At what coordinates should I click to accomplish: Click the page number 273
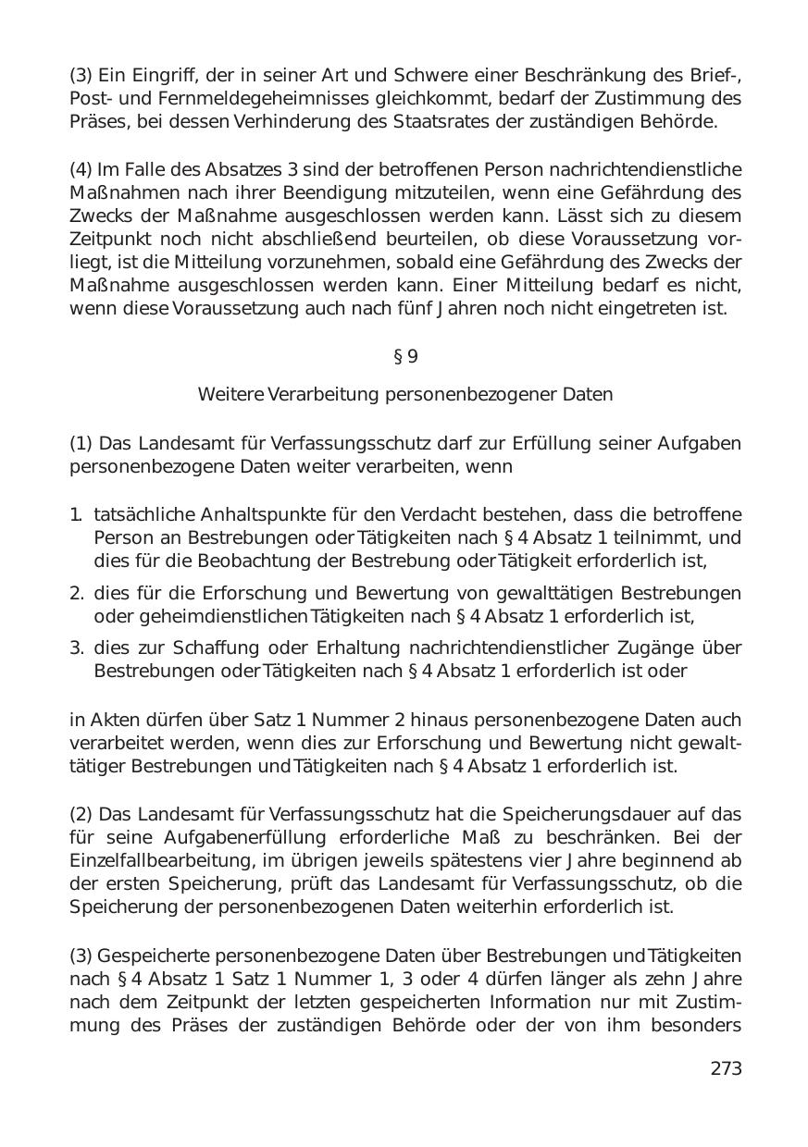click(726, 1068)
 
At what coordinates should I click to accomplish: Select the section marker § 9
click(405, 356)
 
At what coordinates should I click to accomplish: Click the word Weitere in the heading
click(230, 395)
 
